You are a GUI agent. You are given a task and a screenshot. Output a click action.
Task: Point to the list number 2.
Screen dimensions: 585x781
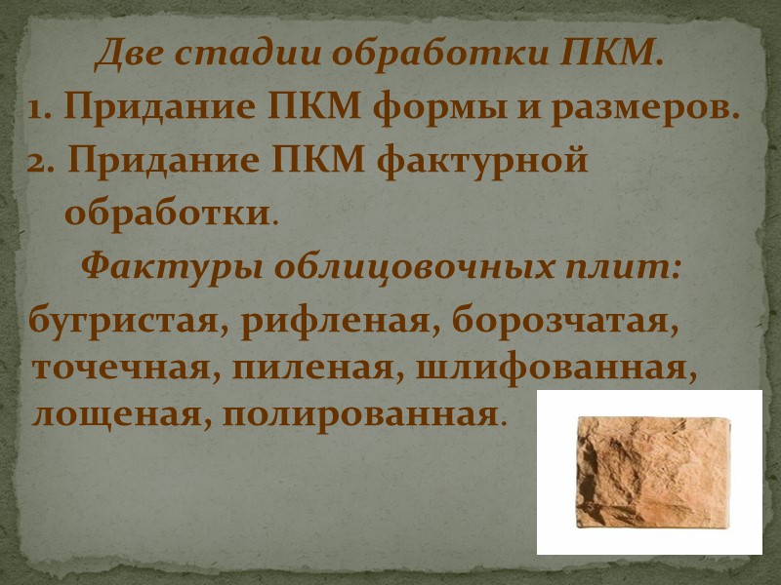(40, 161)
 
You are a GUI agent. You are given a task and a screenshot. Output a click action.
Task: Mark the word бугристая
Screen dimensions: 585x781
(125, 322)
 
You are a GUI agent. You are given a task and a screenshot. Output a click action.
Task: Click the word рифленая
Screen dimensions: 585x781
(338, 322)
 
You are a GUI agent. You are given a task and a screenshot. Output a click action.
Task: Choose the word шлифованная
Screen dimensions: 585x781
(552, 370)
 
